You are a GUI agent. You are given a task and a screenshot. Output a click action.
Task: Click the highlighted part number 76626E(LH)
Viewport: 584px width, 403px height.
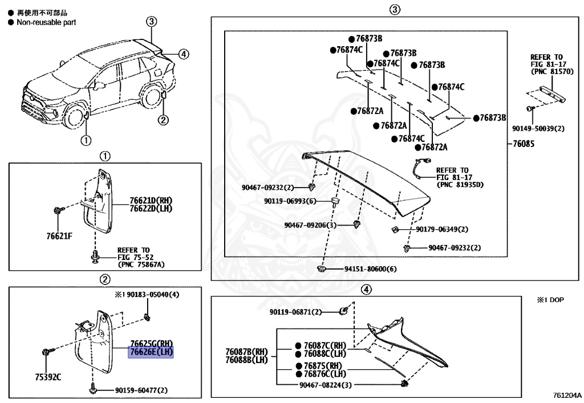[x=151, y=352]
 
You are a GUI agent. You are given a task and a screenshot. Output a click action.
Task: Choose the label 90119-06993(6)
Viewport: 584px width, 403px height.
[x=290, y=201]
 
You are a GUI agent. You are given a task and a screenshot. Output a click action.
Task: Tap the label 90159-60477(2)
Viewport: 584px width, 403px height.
[x=141, y=390]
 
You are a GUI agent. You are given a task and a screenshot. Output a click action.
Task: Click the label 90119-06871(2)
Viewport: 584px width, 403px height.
[x=296, y=312]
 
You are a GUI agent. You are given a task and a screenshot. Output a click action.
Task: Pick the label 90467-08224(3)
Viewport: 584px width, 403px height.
[x=325, y=385]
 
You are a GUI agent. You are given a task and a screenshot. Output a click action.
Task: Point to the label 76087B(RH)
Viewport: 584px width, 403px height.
[x=246, y=352]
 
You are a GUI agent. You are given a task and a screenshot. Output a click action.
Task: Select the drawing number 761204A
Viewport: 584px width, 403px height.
[x=566, y=394]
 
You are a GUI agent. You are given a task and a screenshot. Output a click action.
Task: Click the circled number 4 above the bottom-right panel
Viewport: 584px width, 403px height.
[x=366, y=289]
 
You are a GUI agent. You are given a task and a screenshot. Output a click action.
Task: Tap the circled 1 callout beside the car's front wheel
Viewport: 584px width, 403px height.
[x=85, y=139]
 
